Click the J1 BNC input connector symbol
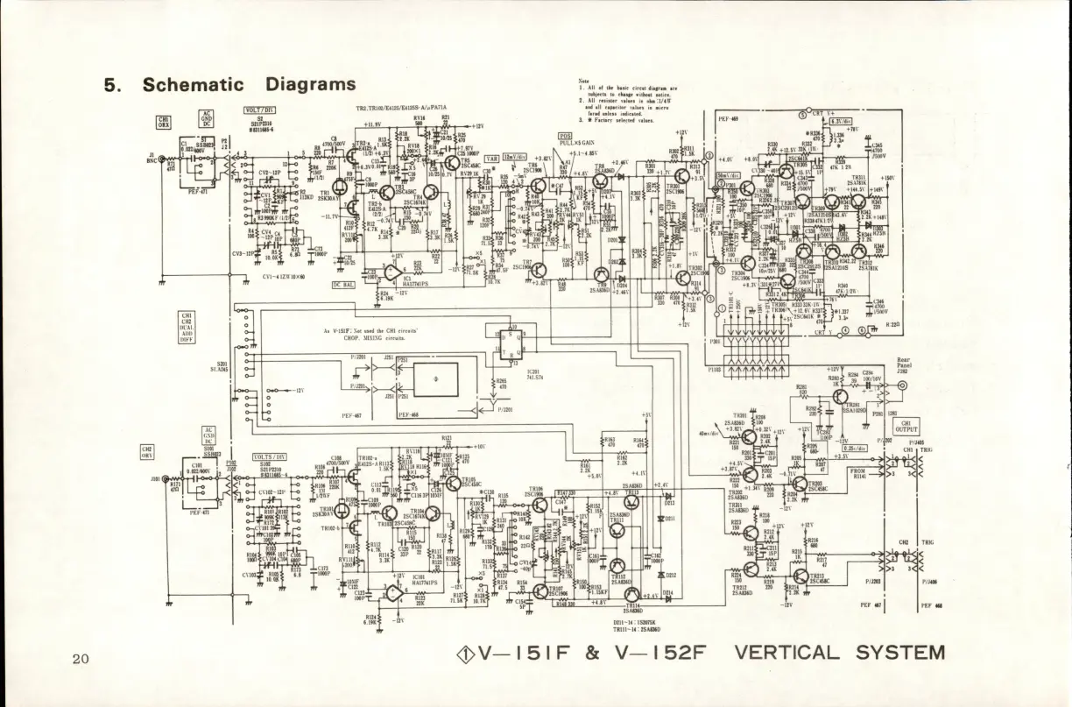[x=163, y=159]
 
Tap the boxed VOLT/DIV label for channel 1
[x=260, y=110]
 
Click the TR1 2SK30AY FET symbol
[x=348, y=207]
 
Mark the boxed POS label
[x=566, y=138]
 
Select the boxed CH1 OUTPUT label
[x=906, y=426]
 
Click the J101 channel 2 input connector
[x=163, y=479]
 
